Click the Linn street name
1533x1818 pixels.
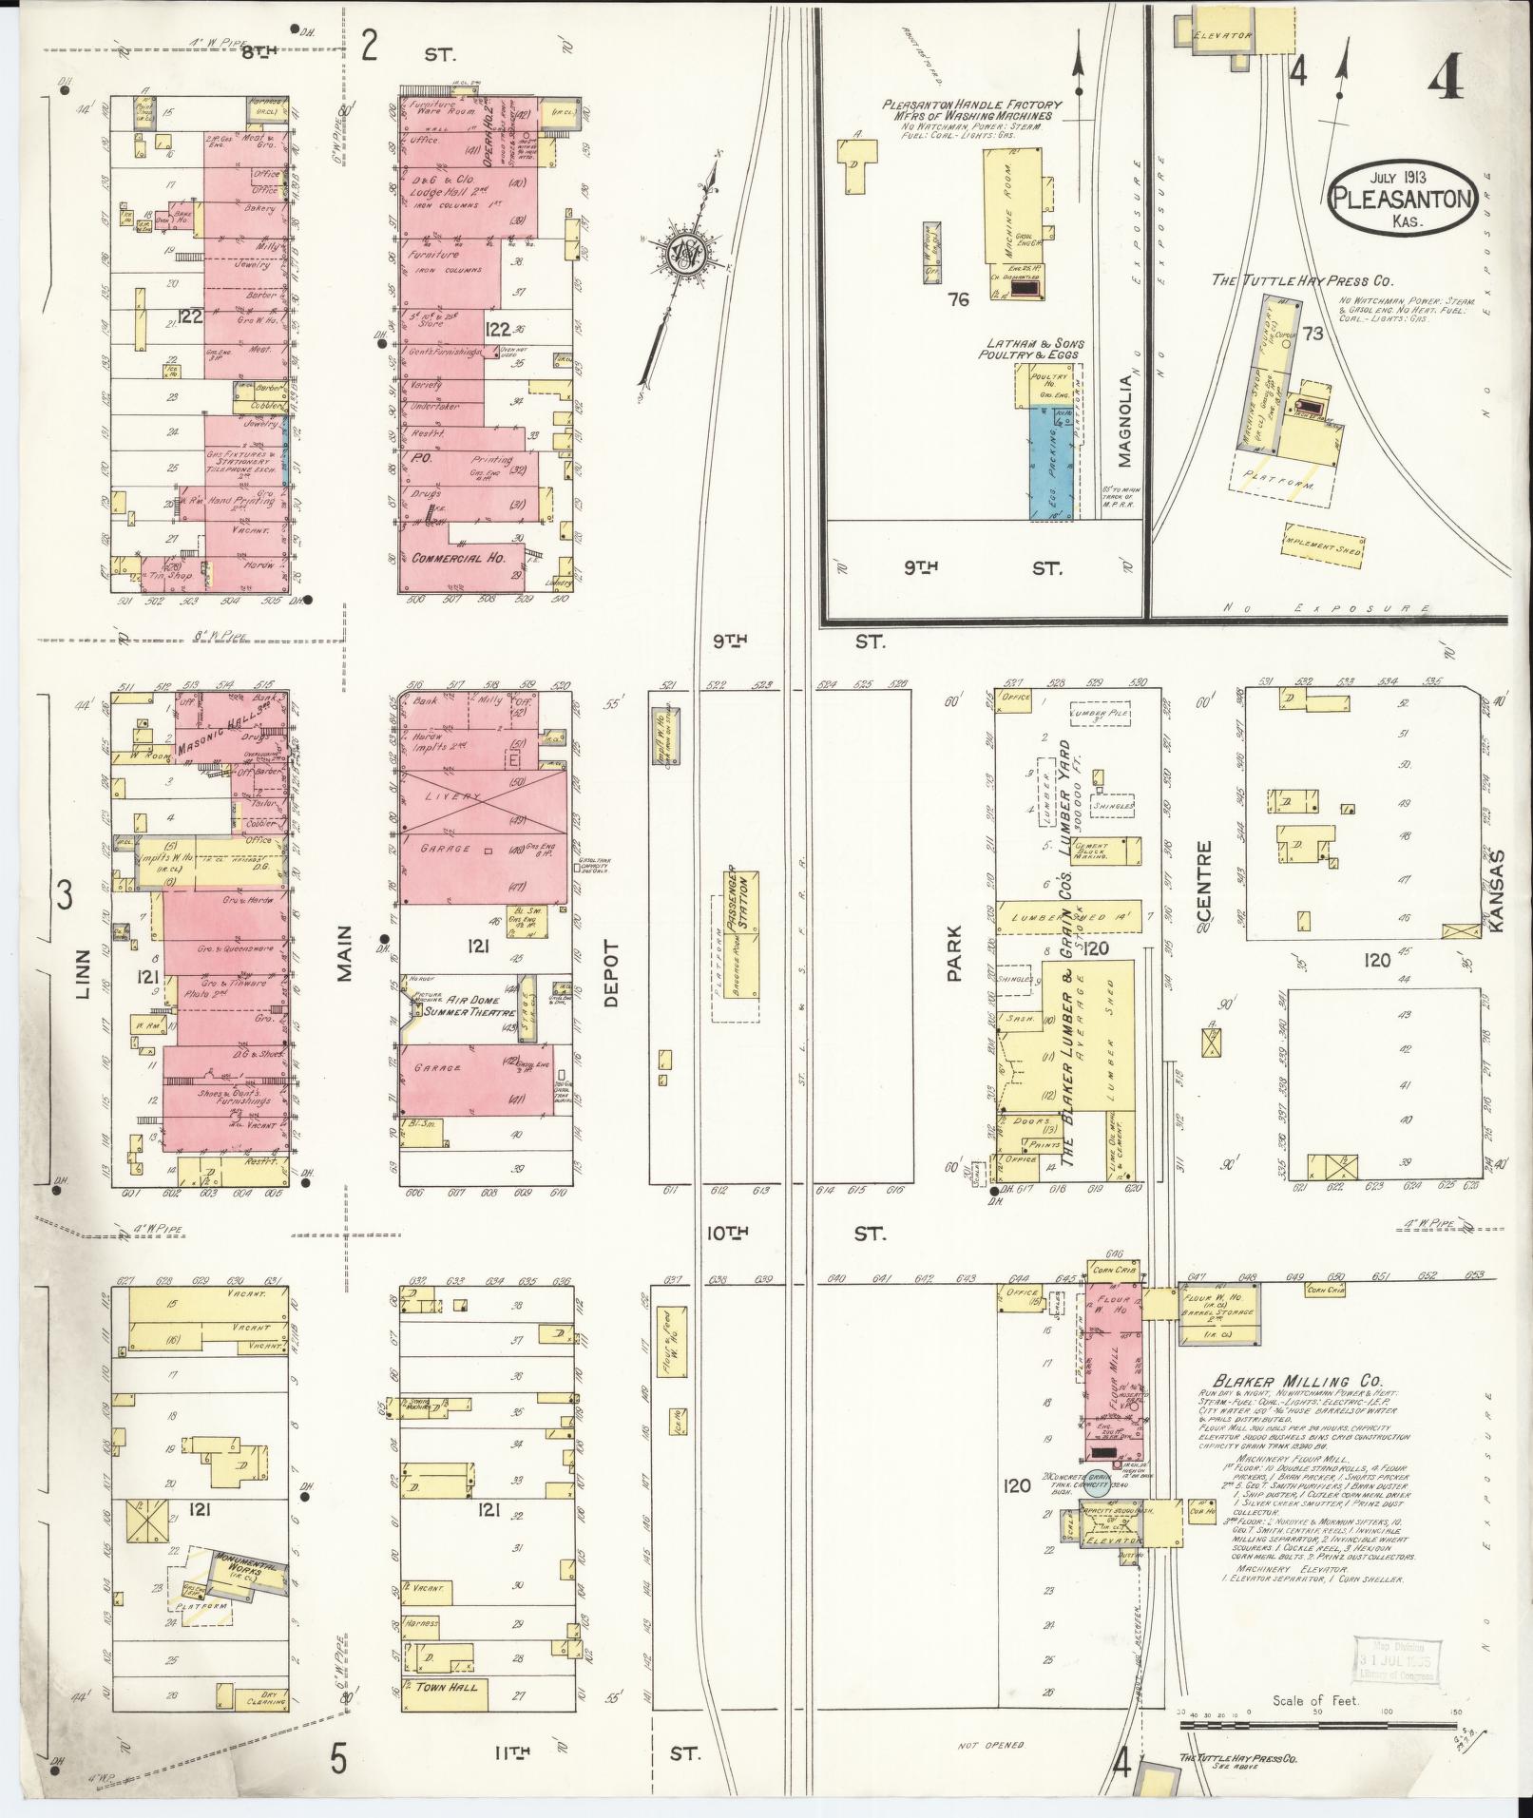coord(83,975)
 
